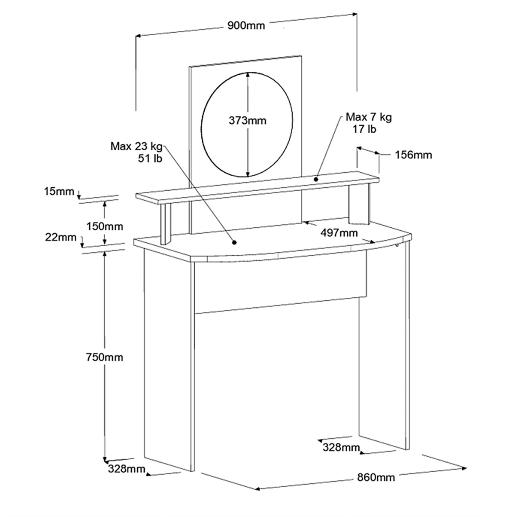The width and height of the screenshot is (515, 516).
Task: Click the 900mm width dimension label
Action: [246, 25]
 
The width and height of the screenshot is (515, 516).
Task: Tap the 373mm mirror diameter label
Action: [248, 120]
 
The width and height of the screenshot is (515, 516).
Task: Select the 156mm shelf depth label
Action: [413, 155]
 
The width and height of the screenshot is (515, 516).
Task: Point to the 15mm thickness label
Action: [59, 192]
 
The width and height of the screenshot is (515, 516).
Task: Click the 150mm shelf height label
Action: [105, 226]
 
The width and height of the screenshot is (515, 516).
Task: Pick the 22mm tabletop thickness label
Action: [61, 237]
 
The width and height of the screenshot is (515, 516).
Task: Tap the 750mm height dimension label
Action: [105, 357]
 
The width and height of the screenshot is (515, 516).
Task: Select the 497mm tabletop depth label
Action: [339, 233]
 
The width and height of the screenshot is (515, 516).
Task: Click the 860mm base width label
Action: [376, 477]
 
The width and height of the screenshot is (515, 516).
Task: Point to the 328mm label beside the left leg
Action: [127, 468]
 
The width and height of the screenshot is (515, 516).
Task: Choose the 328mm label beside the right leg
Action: [341, 447]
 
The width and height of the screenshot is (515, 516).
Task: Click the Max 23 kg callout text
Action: [136, 146]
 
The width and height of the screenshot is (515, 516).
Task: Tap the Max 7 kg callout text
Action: [369, 117]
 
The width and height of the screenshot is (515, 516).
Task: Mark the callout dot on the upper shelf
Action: [316, 179]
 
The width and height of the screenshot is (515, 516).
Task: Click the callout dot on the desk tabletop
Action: [234, 242]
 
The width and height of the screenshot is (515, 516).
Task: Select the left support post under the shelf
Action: [166, 224]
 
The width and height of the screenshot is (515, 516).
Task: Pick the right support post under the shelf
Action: [359, 205]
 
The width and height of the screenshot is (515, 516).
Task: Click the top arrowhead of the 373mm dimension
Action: [248, 76]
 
